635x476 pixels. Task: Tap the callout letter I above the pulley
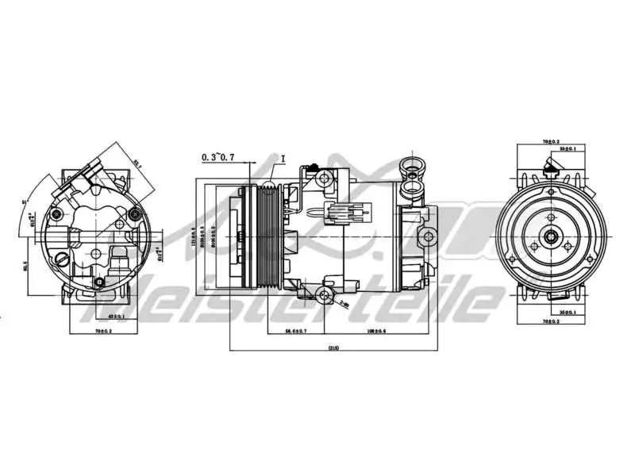(282, 157)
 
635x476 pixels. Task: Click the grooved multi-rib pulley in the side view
(267, 236)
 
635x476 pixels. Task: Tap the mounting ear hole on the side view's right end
(429, 236)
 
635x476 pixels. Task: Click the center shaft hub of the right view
(550, 236)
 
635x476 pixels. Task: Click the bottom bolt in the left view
(98, 282)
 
